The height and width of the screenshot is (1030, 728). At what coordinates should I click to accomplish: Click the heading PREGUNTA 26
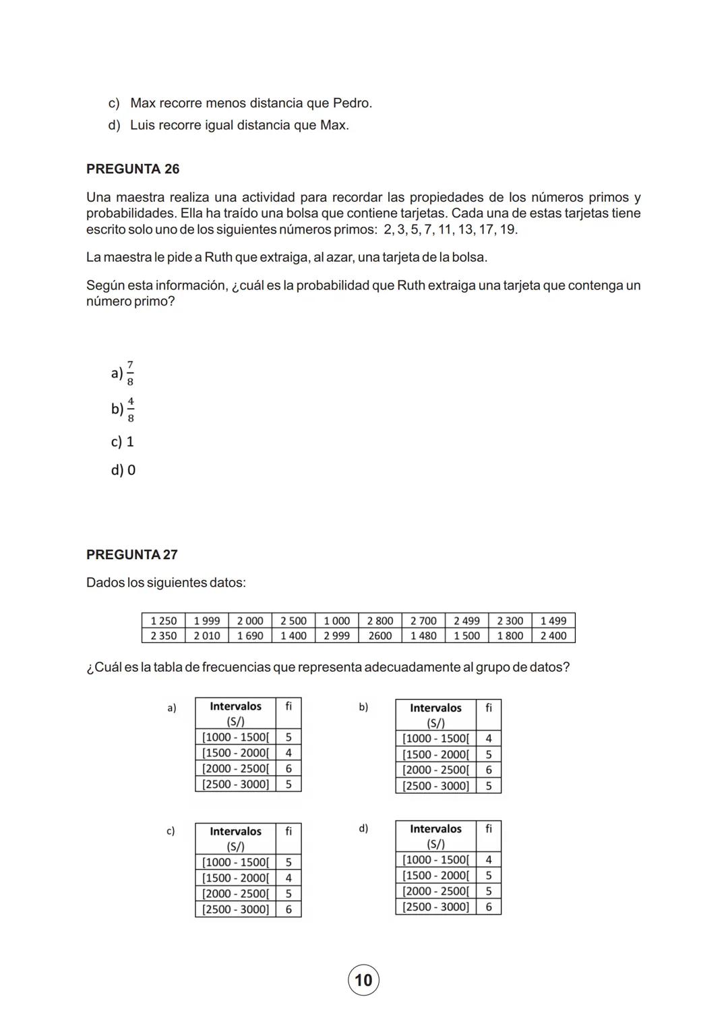pyautogui.click(x=133, y=169)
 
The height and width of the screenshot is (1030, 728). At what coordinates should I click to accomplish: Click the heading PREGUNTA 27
pyautogui.click(x=132, y=554)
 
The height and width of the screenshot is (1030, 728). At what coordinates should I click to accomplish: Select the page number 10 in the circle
pyautogui.click(x=363, y=980)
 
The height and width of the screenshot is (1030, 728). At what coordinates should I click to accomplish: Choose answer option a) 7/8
pyautogui.click(x=123, y=373)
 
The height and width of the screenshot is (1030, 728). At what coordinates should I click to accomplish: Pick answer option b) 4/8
pyautogui.click(x=123, y=409)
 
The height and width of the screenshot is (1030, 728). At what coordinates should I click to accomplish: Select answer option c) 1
pyautogui.click(x=123, y=442)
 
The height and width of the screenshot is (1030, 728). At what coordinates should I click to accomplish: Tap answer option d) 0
pyautogui.click(x=123, y=470)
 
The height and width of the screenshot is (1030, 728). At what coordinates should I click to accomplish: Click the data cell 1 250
pyautogui.click(x=163, y=621)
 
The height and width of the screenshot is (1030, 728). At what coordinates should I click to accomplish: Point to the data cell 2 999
pyautogui.click(x=336, y=635)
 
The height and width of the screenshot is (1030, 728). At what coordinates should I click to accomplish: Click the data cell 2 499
pyautogui.click(x=466, y=621)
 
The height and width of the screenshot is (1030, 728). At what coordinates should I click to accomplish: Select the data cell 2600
pyautogui.click(x=380, y=635)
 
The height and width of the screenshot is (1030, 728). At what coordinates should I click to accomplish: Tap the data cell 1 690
pyautogui.click(x=250, y=635)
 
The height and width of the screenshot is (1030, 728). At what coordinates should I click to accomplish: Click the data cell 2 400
pyautogui.click(x=553, y=635)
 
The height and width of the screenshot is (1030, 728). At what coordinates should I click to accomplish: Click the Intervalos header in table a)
pyautogui.click(x=235, y=706)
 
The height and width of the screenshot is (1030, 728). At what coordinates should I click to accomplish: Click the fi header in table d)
pyautogui.click(x=489, y=828)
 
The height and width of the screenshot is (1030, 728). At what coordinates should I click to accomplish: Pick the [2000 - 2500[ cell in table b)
pyautogui.click(x=435, y=770)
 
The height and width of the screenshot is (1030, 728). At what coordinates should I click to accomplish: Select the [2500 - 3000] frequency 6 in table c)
pyautogui.click(x=289, y=909)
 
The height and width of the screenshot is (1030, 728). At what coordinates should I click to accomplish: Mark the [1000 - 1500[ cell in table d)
pyautogui.click(x=435, y=859)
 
